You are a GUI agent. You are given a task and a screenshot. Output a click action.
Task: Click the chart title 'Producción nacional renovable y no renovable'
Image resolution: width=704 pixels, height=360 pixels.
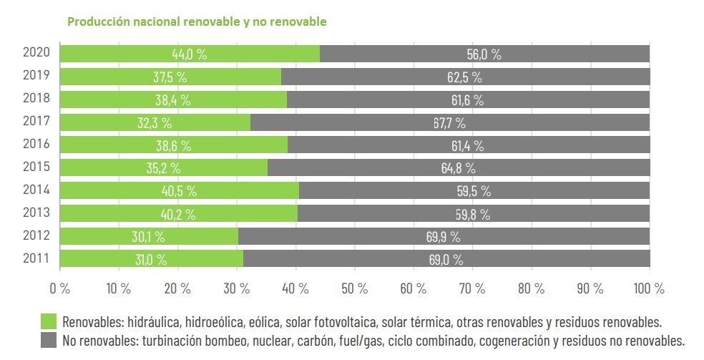coord(197,21)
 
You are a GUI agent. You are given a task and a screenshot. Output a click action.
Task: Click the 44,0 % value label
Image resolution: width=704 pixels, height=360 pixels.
coord(189,54)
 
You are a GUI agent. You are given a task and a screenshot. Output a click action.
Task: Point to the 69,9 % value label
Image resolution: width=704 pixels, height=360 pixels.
coord(444,237)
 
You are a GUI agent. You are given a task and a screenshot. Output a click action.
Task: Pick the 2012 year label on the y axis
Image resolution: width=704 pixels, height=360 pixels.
coord(36,236)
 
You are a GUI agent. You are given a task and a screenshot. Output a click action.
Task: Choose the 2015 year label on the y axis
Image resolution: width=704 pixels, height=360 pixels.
coord(36,167)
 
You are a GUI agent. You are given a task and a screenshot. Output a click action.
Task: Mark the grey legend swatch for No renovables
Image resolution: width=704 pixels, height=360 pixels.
coord(49,339)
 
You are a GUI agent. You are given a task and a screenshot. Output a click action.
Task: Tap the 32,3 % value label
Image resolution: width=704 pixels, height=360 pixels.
coord(154,123)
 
